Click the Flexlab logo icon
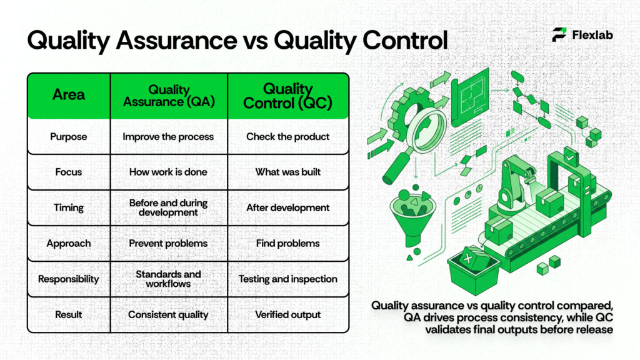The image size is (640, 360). click(x=559, y=35)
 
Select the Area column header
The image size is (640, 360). click(x=69, y=95)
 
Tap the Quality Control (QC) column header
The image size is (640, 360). click(x=287, y=96)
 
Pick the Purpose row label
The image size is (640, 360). click(x=69, y=136)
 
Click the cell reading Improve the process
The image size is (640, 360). click(x=168, y=136)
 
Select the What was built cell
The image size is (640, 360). click(x=287, y=172)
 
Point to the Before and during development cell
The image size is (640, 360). click(x=168, y=207)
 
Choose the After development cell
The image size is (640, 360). click(x=287, y=207)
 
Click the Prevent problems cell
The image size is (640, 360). click(x=168, y=243)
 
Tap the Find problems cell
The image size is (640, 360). click(x=287, y=243)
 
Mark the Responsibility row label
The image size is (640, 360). click(x=69, y=279)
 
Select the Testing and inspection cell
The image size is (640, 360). click(x=287, y=279)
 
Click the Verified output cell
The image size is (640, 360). click(x=287, y=314)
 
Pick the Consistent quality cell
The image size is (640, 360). click(x=168, y=314)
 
